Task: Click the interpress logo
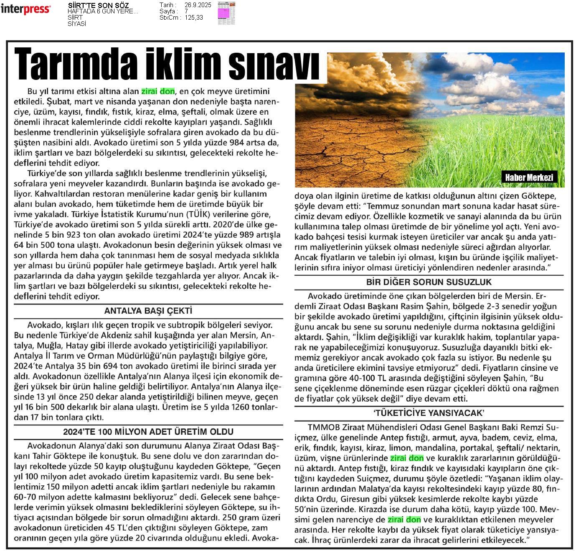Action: click(25, 9)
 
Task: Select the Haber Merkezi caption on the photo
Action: click(529, 177)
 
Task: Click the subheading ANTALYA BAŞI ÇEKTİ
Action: click(148, 311)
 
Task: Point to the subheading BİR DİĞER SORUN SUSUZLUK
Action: click(429, 282)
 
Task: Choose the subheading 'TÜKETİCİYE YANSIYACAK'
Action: click(429, 413)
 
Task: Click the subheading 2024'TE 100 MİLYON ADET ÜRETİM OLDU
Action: click(148, 432)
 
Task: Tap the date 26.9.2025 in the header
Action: click(198, 5)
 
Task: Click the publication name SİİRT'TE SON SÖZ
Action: click(98, 5)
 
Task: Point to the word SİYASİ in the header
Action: click(77, 24)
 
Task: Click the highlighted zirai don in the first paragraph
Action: click(158, 91)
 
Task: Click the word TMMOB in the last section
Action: click(323, 427)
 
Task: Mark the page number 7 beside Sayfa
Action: click(186, 11)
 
